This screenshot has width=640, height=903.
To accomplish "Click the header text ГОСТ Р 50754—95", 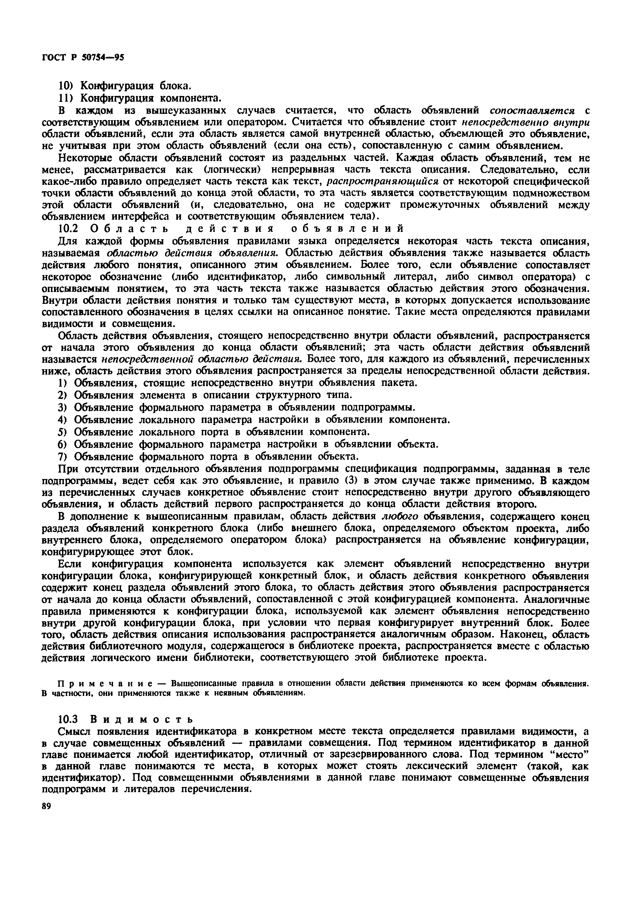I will coord(83,57).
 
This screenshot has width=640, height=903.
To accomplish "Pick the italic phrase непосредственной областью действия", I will coord(202,359).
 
